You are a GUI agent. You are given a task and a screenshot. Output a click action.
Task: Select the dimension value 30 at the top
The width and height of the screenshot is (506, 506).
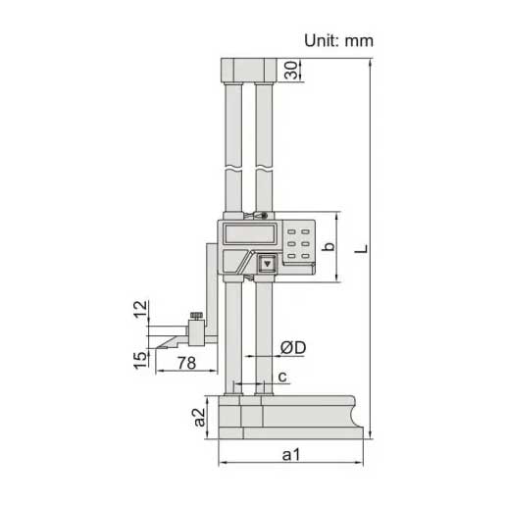pyautogui.click(x=291, y=71)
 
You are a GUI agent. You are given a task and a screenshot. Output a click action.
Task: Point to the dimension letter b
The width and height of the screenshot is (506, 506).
pyautogui.click(x=329, y=247)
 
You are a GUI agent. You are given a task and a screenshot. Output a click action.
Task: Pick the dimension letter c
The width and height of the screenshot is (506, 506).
pyautogui.click(x=282, y=376)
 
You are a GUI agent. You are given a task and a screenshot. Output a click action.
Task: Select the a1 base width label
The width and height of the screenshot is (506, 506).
pyautogui.click(x=292, y=454)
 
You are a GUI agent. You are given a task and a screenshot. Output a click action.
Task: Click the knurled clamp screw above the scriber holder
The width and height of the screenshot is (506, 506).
pyautogui.click(x=196, y=315)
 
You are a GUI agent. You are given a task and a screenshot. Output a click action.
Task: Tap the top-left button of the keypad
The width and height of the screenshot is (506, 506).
pyautogui.click(x=291, y=231)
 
